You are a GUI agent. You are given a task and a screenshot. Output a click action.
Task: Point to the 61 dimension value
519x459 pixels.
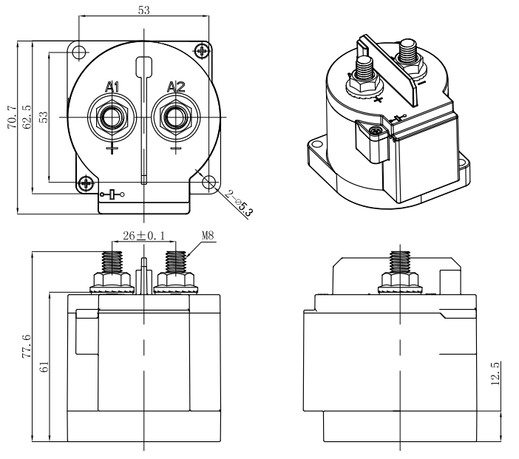pyautogui.click(x=44, y=367)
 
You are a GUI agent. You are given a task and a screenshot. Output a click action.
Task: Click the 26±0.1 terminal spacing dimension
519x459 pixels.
pyautogui.click(x=143, y=235)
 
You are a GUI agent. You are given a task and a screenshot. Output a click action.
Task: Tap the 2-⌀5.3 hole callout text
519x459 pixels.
pyautogui.click(x=240, y=203)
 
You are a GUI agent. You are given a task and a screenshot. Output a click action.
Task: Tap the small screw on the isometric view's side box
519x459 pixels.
pyautogui.click(x=376, y=131)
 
